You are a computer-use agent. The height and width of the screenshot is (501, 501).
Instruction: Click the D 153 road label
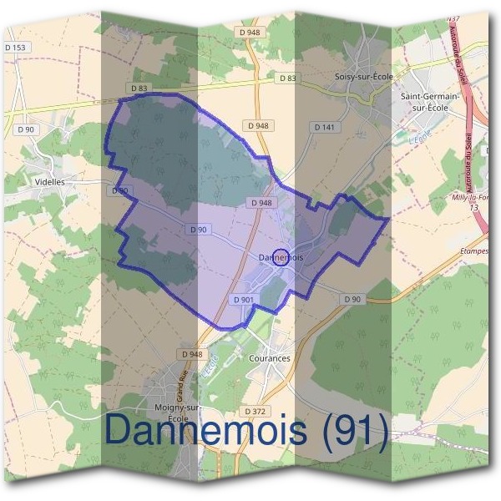(18, 48)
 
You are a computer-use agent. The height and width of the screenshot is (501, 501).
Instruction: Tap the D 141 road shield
(325, 127)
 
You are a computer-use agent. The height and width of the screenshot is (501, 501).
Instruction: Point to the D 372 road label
(256, 411)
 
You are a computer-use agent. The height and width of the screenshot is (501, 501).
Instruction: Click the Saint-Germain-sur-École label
(430, 102)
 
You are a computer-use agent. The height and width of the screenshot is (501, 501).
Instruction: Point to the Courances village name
(270, 358)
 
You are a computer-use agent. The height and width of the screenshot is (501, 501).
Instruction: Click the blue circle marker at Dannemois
(281, 257)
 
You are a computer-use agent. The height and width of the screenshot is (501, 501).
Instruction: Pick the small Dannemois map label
(281, 257)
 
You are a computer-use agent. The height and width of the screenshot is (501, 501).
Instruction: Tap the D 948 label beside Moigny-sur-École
(191, 354)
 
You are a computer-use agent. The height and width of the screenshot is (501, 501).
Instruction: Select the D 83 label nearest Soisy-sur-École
(287, 78)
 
